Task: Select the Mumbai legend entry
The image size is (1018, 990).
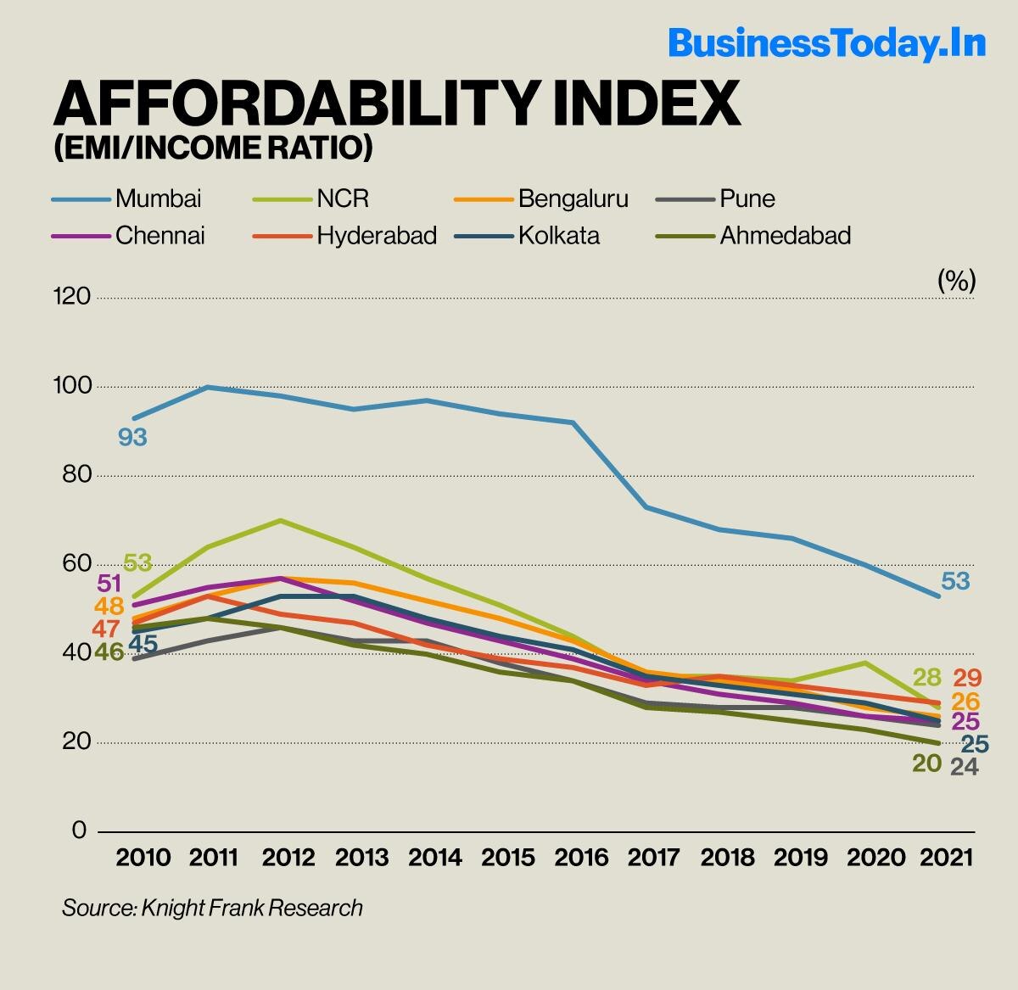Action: coord(159,199)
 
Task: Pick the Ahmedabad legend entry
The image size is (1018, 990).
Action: coord(785,235)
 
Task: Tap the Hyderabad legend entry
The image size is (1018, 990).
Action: coord(377,235)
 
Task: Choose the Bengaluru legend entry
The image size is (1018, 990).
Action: coord(573,199)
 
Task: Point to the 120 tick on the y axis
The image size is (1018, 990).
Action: coord(71,296)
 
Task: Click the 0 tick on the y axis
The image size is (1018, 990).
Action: coord(79,830)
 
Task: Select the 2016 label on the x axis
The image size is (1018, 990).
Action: coord(581,857)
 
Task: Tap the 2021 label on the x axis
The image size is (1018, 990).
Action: coord(946,857)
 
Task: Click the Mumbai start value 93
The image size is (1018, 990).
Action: coord(132,438)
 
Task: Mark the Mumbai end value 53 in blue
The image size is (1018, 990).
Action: coord(955,581)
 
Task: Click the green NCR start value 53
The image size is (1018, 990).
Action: coord(137,562)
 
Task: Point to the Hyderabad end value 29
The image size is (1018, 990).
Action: coord(967,678)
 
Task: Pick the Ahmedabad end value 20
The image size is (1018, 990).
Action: coord(927,763)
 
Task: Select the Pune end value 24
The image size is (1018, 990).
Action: coord(965,767)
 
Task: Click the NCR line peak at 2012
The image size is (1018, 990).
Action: coord(281,520)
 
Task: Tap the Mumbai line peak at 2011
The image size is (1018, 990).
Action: coord(208,387)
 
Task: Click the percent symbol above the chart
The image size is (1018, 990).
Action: coord(956,281)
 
